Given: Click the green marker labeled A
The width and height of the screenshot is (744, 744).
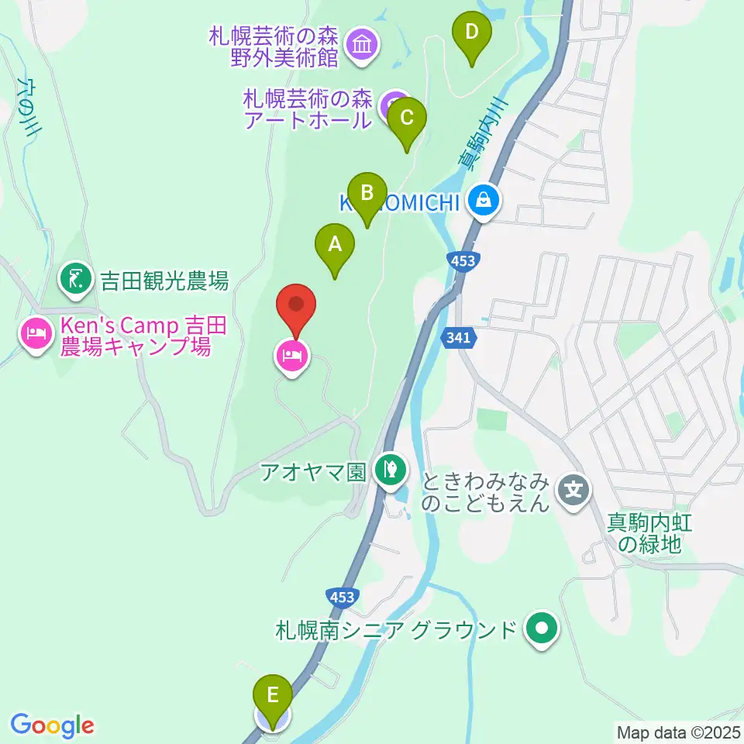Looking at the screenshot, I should (x=335, y=246).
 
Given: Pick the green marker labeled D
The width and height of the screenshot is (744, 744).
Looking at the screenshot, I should (x=472, y=33).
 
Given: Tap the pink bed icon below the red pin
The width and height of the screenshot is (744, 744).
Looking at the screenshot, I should (x=291, y=356).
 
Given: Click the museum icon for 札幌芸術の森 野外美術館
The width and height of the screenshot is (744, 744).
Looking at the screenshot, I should (x=362, y=46).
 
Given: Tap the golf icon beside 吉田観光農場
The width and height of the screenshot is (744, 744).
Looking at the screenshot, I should (x=75, y=279).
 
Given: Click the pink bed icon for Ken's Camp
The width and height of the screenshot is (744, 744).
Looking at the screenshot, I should (x=36, y=335).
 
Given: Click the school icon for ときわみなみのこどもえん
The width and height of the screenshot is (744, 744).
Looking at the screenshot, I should (x=574, y=490).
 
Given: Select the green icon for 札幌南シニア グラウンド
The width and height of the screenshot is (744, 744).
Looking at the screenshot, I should (x=542, y=628).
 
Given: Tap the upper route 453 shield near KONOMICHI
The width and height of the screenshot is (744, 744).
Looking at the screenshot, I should (x=462, y=261).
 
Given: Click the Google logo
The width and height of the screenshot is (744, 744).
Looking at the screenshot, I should (x=53, y=725).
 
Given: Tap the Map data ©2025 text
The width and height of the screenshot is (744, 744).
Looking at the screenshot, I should (x=677, y=732).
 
